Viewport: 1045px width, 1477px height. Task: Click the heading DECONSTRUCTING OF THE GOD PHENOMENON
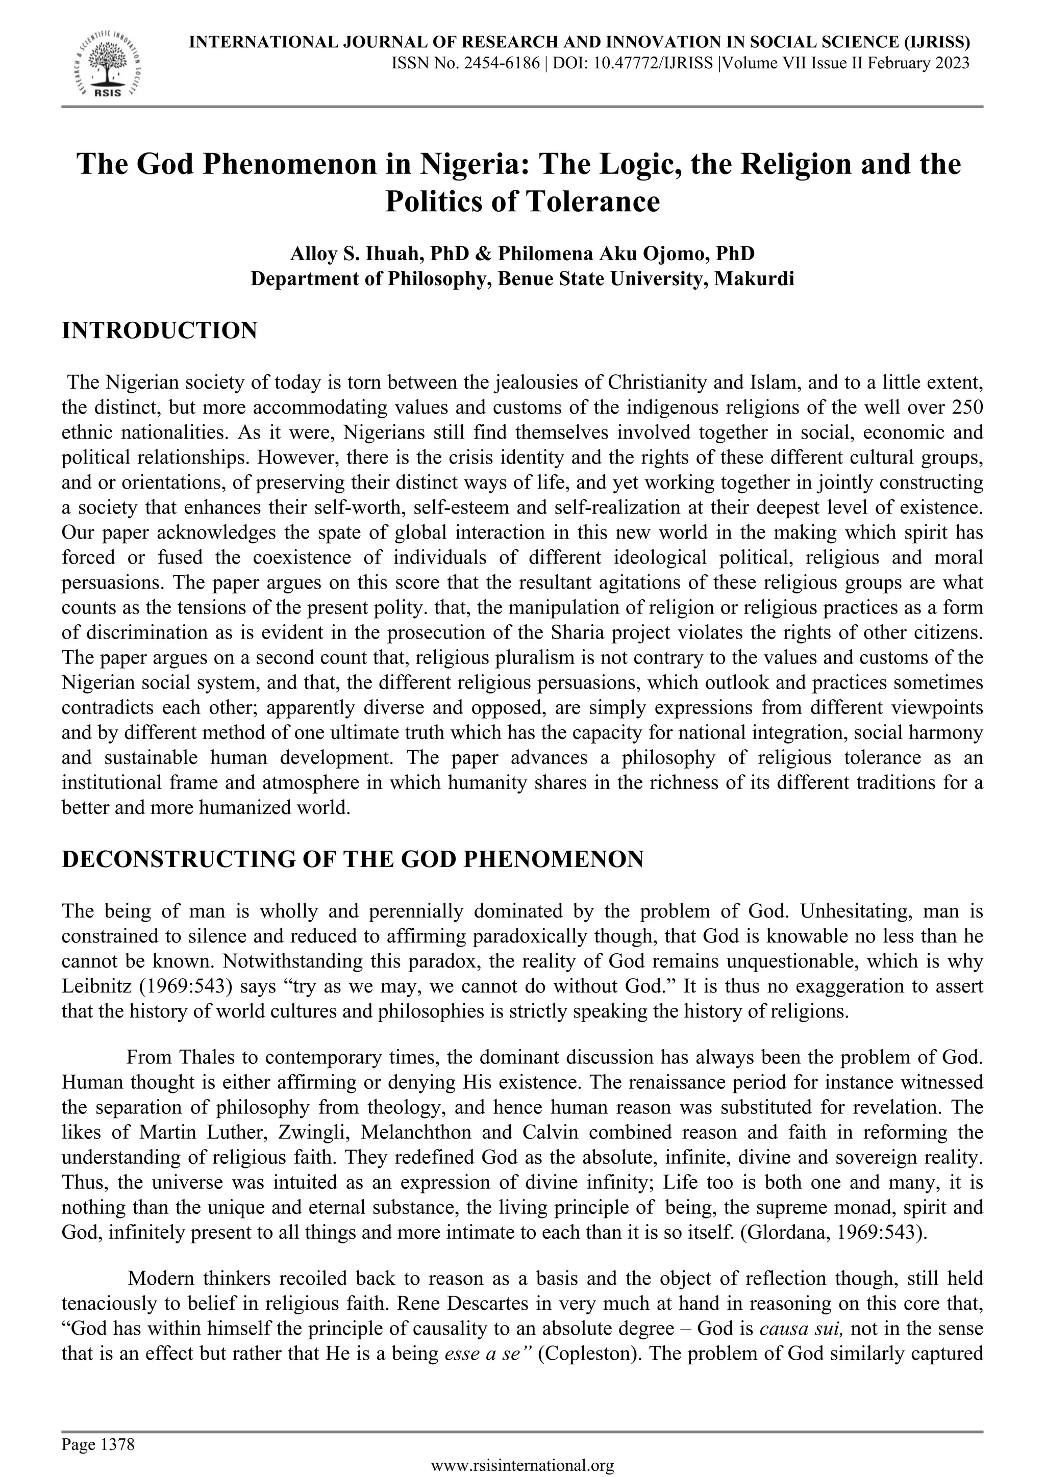(352, 859)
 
